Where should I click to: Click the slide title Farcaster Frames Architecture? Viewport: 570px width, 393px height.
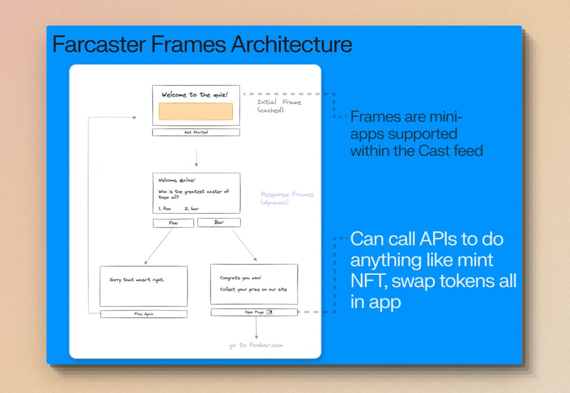202,44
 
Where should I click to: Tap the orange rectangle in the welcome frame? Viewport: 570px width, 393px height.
196,111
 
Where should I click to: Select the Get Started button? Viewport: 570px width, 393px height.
196,132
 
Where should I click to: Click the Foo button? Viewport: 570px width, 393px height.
173,223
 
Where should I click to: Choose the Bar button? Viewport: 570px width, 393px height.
218,222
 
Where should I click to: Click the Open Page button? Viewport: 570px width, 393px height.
254,312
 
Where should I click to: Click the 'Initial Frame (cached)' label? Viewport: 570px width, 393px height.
279,106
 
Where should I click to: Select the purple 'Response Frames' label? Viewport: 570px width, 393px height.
287,194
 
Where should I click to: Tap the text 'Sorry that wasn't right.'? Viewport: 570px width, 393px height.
137,280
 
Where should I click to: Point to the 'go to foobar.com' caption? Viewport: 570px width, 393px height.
256,345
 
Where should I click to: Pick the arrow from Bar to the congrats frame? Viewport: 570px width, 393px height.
244,245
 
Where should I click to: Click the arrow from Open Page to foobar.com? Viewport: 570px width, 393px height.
256,327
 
